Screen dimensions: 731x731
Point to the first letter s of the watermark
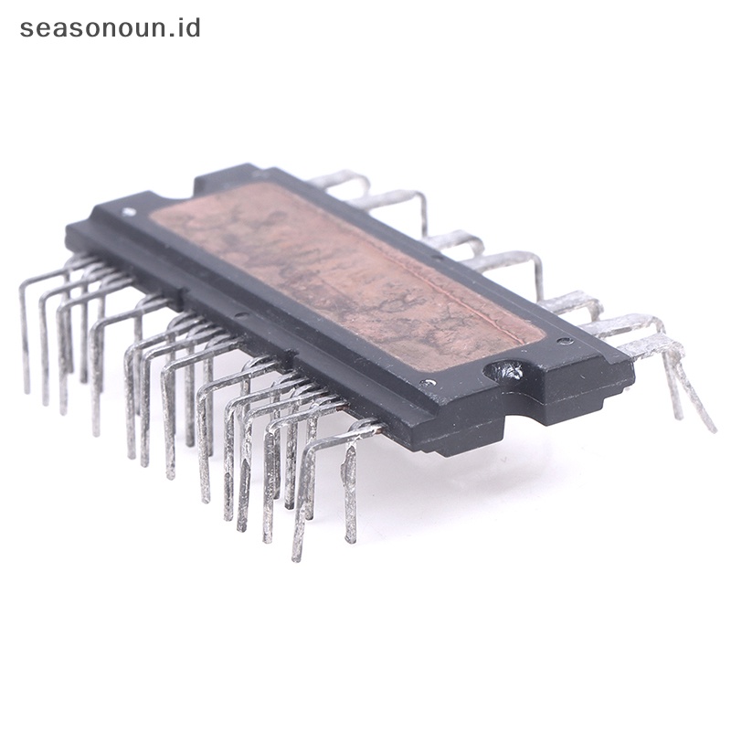click(26, 29)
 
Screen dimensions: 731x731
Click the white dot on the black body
click(128, 212)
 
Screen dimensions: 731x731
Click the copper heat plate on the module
click(347, 275)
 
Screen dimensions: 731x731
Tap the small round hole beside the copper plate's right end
click(565, 340)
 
